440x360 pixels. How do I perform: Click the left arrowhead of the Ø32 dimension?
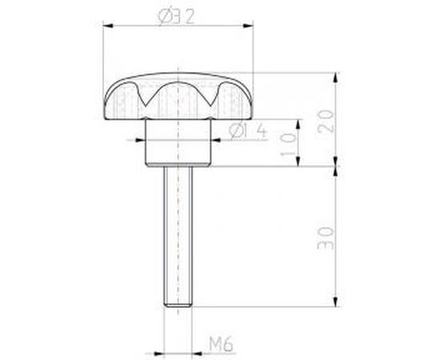click(x=109, y=29)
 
